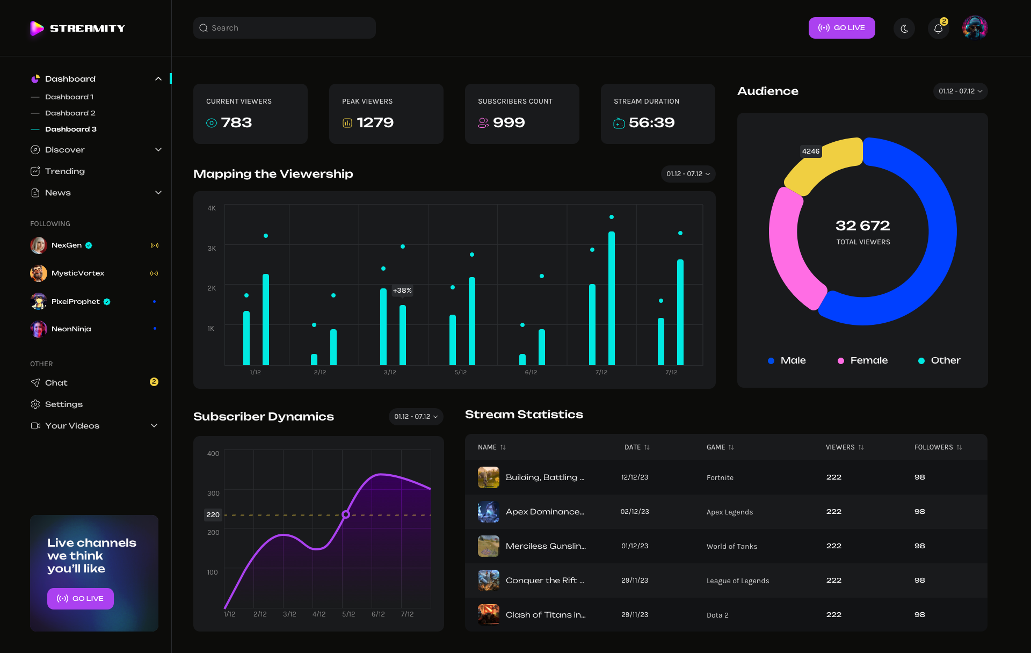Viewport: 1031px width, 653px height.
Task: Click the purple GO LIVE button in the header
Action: click(841, 28)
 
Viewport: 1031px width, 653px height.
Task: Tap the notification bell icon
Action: click(938, 28)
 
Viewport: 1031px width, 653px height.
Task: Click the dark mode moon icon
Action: click(904, 28)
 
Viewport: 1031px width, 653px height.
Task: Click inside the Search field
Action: click(285, 28)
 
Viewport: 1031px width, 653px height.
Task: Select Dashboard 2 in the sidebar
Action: click(70, 113)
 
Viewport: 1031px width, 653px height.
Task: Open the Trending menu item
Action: click(64, 171)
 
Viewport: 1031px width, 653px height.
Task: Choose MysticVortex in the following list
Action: click(78, 273)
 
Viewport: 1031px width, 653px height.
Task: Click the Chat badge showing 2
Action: click(154, 382)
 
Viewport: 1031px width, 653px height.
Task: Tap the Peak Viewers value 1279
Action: click(375, 123)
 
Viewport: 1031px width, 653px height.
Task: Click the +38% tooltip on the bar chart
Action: click(402, 291)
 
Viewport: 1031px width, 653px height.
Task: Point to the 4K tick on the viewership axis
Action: click(212, 208)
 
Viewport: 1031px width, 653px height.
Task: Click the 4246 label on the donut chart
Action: click(810, 151)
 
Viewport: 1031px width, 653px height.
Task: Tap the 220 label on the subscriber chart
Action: click(213, 515)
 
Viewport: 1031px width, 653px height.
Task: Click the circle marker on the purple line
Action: click(346, 514)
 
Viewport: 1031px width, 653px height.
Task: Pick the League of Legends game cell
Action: click(737, 581)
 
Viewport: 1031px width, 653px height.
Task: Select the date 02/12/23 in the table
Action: click(634, 512)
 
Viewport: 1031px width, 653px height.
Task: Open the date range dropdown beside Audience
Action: click(960, 91)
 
